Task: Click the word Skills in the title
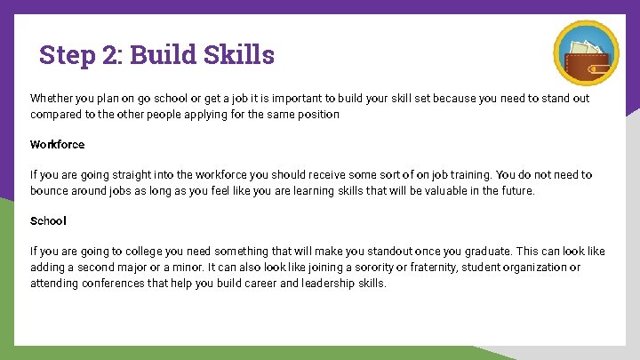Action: tap(238, 55)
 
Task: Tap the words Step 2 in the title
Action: tap(80, 55)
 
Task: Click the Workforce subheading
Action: tap(57, 144)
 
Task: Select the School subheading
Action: tap(48, 220)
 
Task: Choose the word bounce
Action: tap(51, 191)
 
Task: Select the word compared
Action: tap(54, 114)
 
